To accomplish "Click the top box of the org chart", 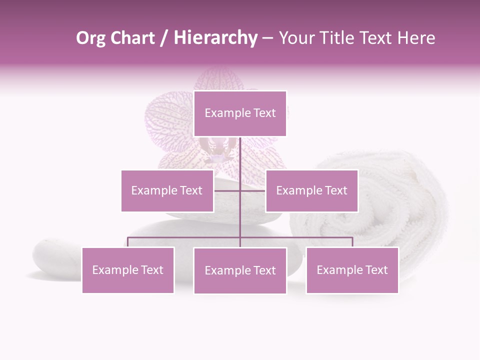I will point(240,113).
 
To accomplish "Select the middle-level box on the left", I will point(167,190).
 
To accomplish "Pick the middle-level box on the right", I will point(311,190).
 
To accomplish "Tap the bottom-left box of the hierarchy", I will point(128,270).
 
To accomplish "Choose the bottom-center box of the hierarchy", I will point(240,270).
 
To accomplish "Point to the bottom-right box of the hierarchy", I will point(352,270).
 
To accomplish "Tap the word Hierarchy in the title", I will point(215,38).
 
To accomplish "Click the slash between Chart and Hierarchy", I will point(164,38).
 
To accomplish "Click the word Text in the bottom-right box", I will point(376,270).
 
